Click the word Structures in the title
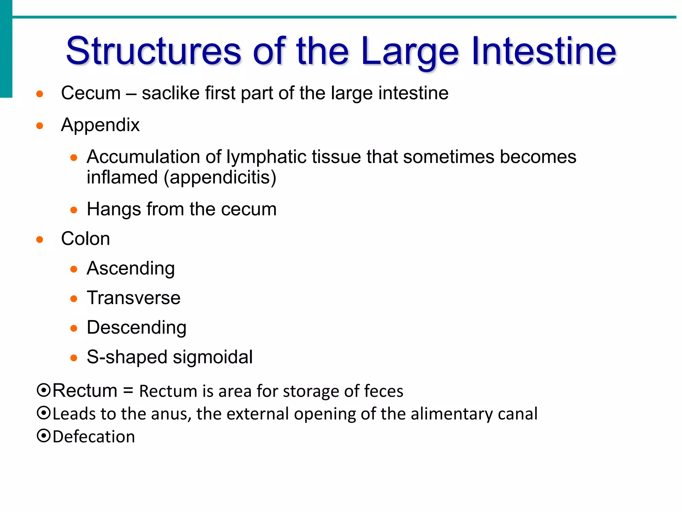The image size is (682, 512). (153, 51)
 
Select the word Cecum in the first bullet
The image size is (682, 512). (91, 93)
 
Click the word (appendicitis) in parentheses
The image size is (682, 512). (220, 178)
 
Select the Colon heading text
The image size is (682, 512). (86, 239)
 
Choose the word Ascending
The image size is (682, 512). (131, 269)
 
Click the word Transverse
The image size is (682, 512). (134, 298)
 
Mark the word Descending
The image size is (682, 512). (137, 328)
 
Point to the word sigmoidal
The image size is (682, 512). (213, 357)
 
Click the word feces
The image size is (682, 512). (384, 391)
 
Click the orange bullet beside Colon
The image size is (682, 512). (40, 240)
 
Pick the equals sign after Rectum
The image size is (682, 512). (128, 391)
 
